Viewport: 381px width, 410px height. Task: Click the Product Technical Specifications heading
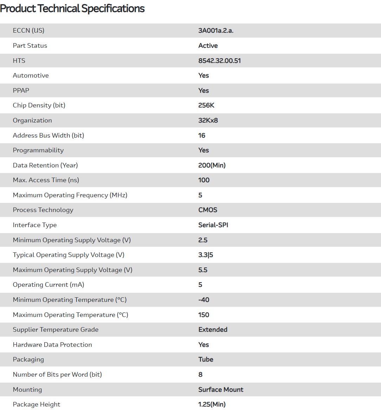pyautogui.click(x=72, y=8)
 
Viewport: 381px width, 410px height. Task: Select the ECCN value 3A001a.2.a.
pyautogui.click(x=216, y=31)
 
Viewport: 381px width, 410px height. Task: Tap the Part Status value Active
pyautogui.click(x=208, y=46)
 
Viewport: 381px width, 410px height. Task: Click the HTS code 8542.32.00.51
pyautogui.click(x=219, y=61)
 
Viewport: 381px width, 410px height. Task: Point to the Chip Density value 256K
pyautogui.click(x=206, y=105)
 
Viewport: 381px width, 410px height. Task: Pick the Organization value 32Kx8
pyautogui.click(x=208, y=120)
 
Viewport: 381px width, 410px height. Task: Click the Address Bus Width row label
pyautogui.click(x=48, y=135)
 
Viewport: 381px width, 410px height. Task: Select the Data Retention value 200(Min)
pyautogui.click(x=212, y=165)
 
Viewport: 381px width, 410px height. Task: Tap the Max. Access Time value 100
pyautogui.click(x=204, y=180)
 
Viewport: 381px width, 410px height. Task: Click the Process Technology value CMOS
pyautogui.click(x=208, y=210)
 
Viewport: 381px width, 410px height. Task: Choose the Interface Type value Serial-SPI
pyautogui.click(x=213, y=225)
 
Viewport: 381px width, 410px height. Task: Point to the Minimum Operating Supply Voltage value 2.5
pyautogui.click(x=203, y=240)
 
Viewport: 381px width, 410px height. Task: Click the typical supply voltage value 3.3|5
pyautogui.click(x=205, y=255)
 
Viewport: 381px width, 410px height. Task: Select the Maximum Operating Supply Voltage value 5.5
pyautogui.click(x=203, y=270)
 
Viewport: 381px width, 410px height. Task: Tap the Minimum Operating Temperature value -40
pyautogui.click(x=204, y=300)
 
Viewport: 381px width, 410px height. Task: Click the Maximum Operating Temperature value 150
pyautogui.click(x=204, y=315)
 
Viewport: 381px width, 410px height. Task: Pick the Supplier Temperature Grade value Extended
pyautogui.click(x=213, y=330)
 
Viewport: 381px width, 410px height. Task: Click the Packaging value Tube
pyautogui.click(x=206, y=359)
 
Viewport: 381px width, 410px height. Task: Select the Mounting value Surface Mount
pyautogui.click(x=221, y=390)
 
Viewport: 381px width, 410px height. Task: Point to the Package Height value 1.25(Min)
pyautogui.click(x=212, y=404)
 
